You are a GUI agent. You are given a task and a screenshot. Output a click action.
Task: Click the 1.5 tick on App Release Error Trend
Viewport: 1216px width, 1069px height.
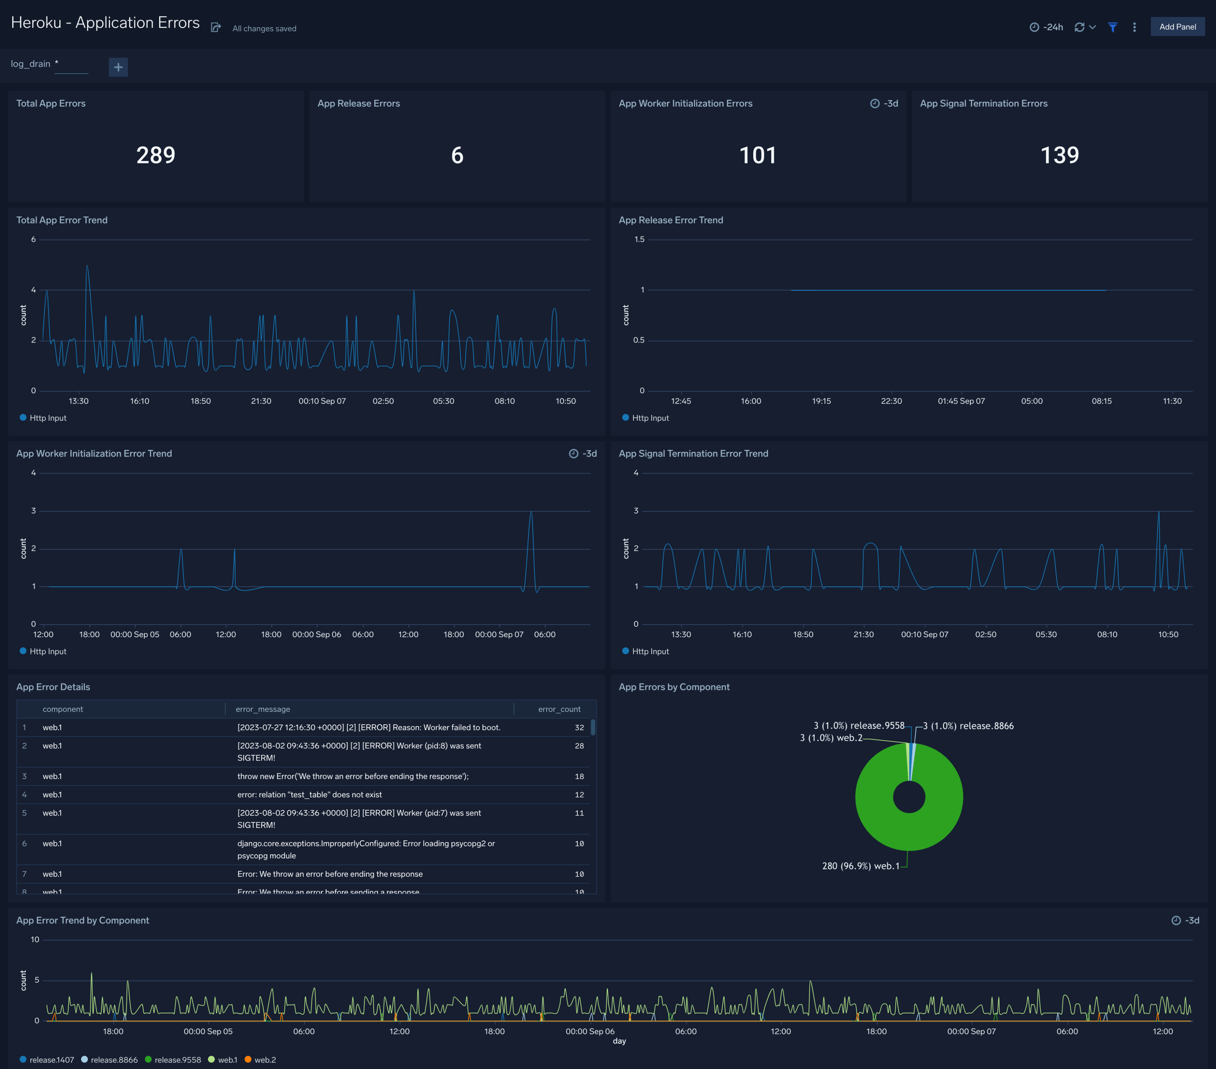pos(639,240)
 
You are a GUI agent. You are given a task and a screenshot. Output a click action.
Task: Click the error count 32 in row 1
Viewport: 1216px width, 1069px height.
pos(579,727)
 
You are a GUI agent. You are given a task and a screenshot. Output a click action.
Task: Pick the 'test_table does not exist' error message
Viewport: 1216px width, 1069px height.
pos(309,795)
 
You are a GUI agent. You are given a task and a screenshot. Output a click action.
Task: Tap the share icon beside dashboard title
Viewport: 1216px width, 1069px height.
pos(216,27)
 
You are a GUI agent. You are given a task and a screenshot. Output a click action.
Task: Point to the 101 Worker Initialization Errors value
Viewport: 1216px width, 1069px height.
pos(757,155)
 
